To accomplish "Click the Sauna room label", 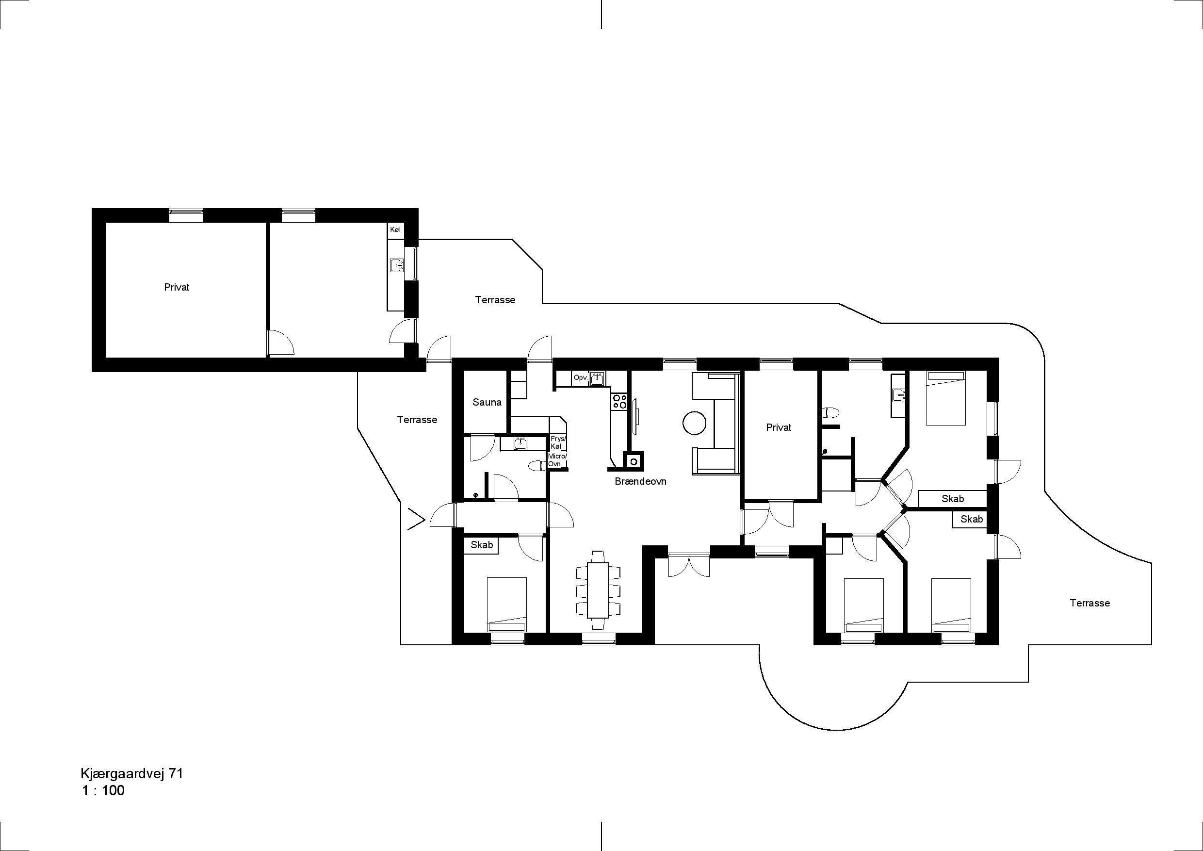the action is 487,402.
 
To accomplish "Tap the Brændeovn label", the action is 640,481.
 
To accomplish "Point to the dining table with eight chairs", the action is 598,589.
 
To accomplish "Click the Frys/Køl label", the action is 557,443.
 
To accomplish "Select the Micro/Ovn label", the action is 557,460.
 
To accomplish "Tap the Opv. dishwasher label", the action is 580,377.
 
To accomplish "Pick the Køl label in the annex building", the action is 395,229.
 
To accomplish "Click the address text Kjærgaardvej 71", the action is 131,774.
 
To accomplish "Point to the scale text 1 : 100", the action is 103,791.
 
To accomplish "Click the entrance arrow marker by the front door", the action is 415,519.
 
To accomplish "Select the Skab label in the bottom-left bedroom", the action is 482,545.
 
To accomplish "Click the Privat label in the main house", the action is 779,427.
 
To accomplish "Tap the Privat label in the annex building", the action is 177,287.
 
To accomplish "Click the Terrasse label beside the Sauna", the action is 417,420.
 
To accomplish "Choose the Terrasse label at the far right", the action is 1090,603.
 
